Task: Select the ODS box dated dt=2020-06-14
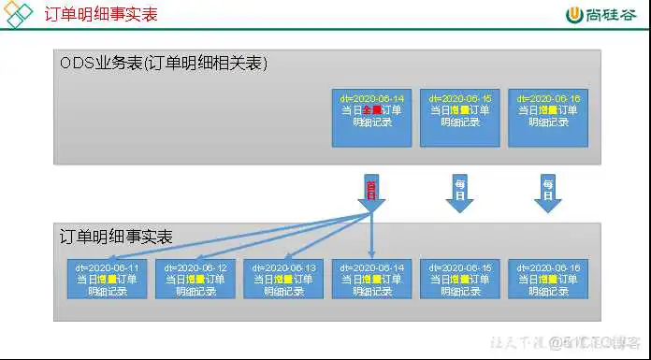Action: [x=371, y=117]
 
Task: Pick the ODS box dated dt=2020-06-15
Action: [x=459, y=117]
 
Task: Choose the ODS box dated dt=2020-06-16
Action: [x=547, y=117]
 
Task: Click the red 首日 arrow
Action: [x=371, y=191]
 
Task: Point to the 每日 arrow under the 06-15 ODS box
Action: [x=459, y=191]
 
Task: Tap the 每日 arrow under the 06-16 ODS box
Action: [x=547, y=191]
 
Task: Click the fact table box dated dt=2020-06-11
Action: [x=108, y=279]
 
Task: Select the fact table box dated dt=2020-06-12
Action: [x=196, y=279]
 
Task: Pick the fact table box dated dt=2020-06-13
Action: [x=283, y=279]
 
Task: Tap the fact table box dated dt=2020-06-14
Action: [x=371, y=279]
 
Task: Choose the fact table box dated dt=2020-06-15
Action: [x=459, y=279]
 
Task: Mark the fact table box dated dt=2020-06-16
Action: [x=547, y=279]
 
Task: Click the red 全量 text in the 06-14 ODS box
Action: [x=371, y=109]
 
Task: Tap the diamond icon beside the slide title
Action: [x=20, y=14]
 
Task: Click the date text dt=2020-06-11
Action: [x=108, y=267]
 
